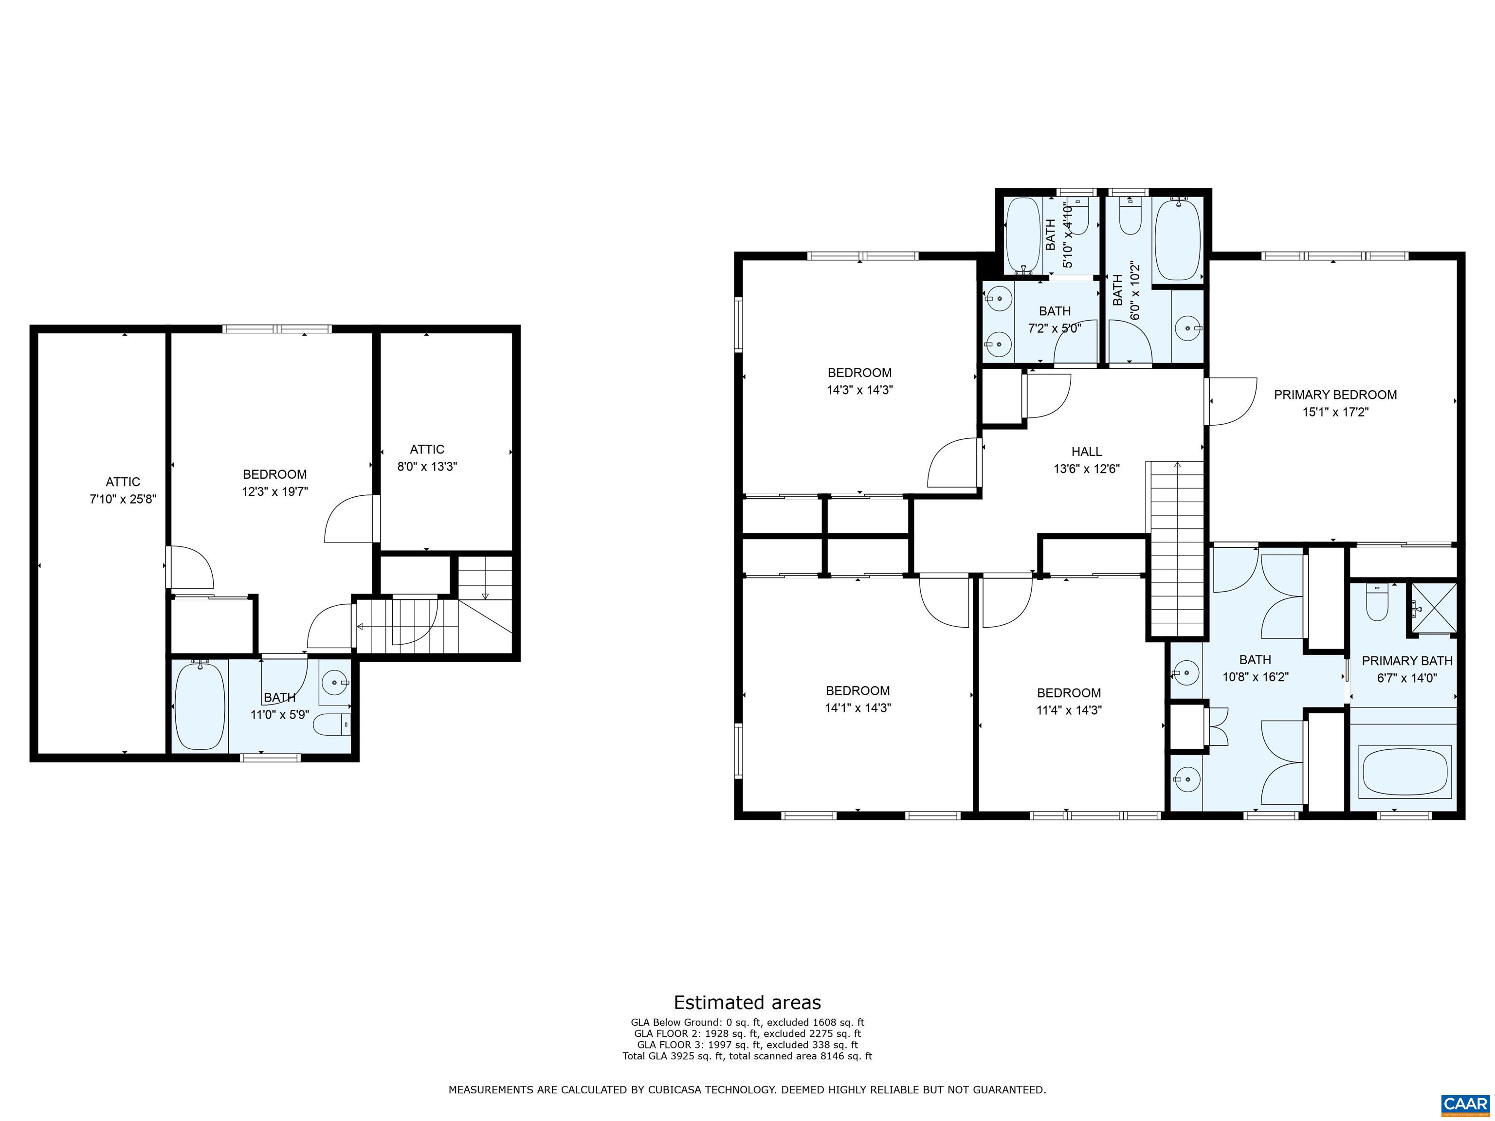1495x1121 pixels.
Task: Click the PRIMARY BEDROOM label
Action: coord(1335,395)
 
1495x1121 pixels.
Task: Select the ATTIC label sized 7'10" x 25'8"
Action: coord(123,482)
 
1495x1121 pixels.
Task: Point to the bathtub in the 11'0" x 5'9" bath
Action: coord(200,706)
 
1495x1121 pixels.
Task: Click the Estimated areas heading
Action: coord(747,1002)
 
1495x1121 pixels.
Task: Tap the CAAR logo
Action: coord(1465,1103)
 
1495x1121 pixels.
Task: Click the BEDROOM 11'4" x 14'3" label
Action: coord(1069,693)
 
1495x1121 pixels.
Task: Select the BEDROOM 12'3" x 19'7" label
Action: coord(274,474)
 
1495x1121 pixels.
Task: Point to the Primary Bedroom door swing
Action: coord(1231,401)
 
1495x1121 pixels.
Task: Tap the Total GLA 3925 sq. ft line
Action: coord(747,1055)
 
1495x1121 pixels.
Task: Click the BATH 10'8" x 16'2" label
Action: coord(1255,659)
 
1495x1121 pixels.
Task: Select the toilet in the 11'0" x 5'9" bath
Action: coord(332,724)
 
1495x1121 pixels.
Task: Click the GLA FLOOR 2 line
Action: coord(747,1033)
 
